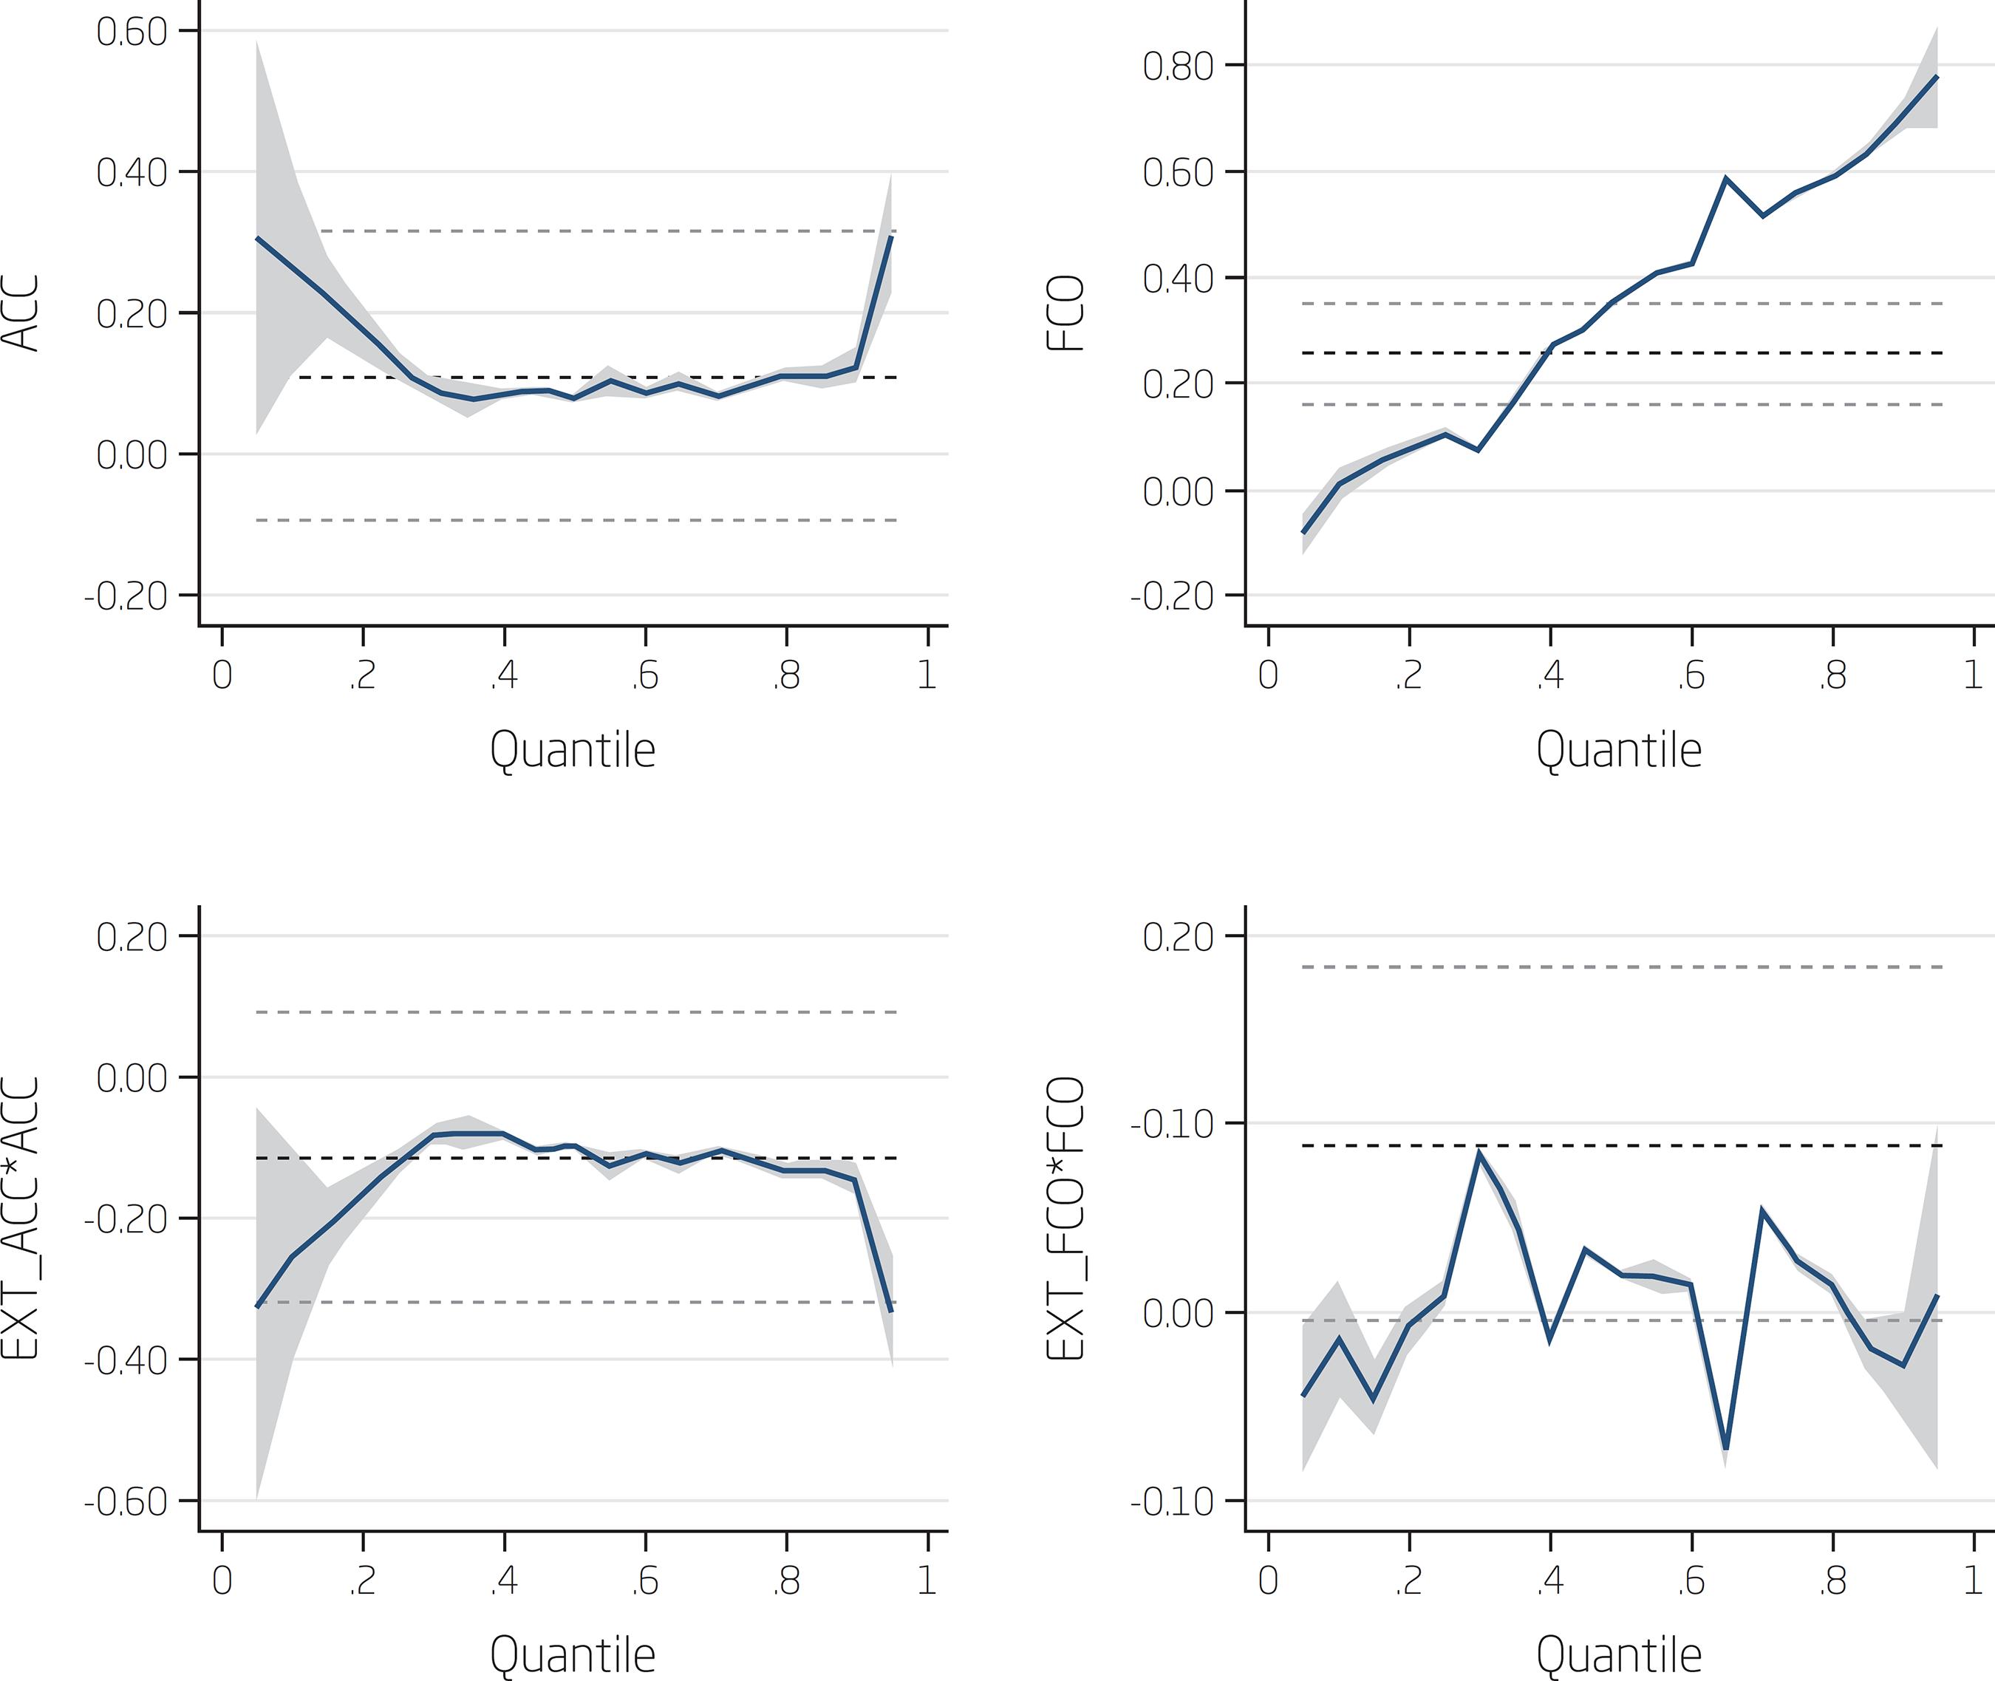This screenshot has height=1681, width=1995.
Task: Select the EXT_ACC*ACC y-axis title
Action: pyautogui.click(x=21, y=1218)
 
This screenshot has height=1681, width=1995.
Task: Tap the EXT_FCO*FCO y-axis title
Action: pyautogui.click(x=1067, y=1218)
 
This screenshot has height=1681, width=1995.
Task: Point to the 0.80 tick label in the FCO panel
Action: pyautogui.click(x=1179, y=66)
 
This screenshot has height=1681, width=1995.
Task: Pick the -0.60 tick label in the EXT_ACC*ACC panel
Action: pyautogui.click(x=126, y=1503)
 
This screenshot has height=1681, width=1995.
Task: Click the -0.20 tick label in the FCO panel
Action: pyautogui.click(x=1172, y=596)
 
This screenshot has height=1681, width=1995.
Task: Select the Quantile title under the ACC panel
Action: pyautogui.click(x=573, y=750)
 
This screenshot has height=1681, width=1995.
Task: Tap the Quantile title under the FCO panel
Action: pyautogui.click(x=1619, y=750)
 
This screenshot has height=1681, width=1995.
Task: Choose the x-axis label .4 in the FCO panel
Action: pyautogui.click(x=1549, y=675)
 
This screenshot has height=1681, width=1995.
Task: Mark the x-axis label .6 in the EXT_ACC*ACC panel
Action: pyautogui.click(x=644, y=1581)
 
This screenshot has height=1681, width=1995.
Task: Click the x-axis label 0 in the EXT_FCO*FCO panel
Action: pyautogui.click(x=1268, y=1581)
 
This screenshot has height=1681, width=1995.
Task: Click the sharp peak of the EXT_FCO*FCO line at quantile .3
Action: pyautogui.click(x=1479, y=1151)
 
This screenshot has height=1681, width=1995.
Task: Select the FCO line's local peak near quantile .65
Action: pyautogui.click(x=1725, y=178)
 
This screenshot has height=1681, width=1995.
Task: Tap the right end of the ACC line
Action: pyautogui.click(x=891, y=236)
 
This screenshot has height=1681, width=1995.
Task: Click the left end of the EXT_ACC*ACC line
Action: pyautogui.click(x=257, y=1306)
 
